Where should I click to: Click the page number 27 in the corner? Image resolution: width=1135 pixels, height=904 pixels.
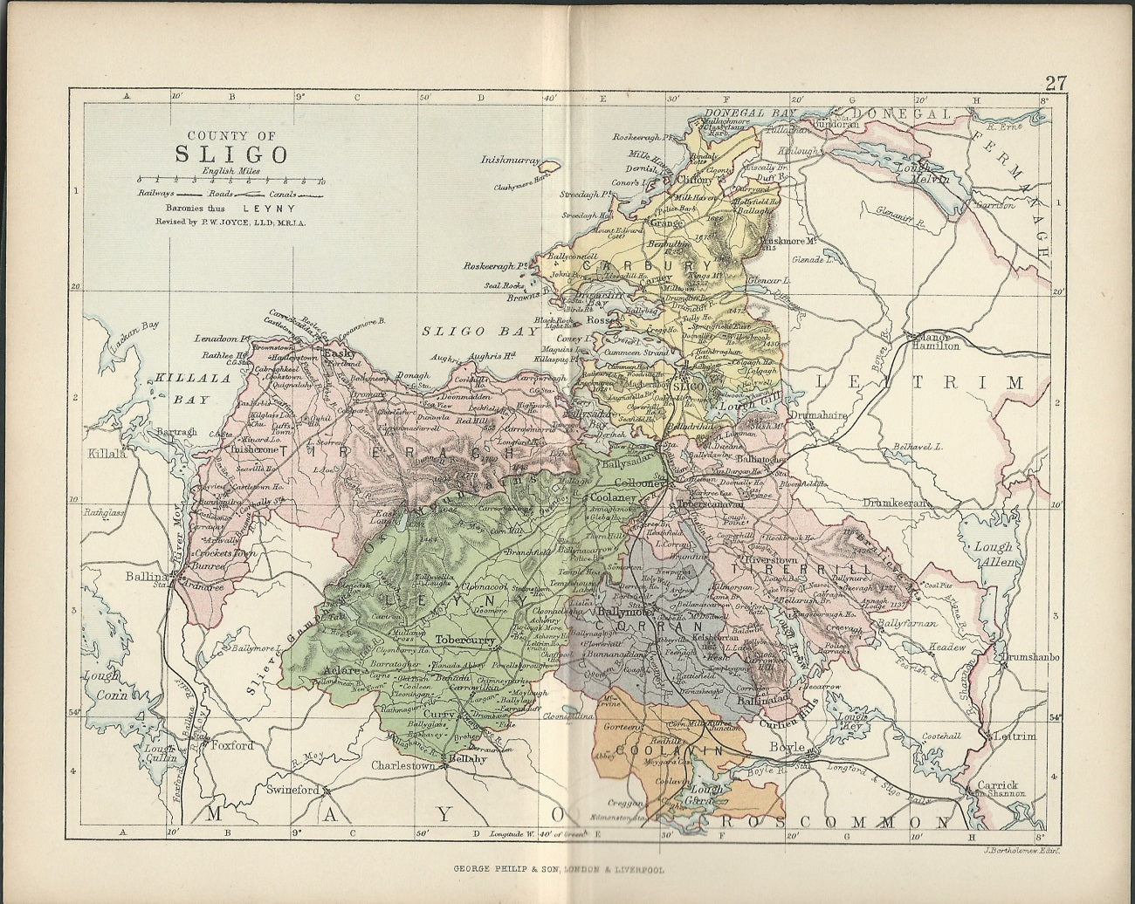[1055, 84]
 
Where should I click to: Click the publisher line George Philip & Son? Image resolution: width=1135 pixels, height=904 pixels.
[567, 870]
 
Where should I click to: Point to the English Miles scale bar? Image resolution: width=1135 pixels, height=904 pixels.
[229, 181]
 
